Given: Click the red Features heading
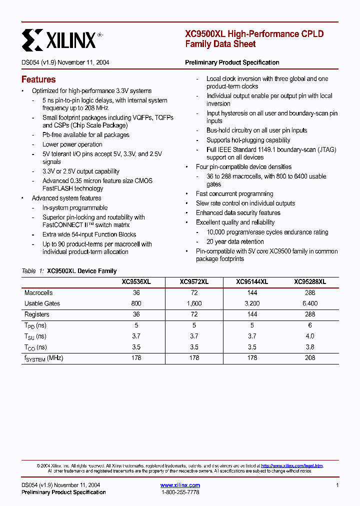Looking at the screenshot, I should (38, 79).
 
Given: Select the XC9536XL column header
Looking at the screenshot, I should (136, 282).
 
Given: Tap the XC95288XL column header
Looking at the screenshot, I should (310, 282).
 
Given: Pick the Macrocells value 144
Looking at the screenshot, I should (252, 293).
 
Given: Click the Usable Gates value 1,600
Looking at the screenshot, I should (194, 303).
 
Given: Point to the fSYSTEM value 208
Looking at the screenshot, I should (310, 358).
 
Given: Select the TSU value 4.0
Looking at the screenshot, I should (310, 336).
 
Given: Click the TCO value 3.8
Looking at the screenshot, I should (310, 347).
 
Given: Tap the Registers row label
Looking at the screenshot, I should (37, 314).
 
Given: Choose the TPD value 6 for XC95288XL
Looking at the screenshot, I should (310, 325).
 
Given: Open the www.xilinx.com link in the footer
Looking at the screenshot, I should (180, 485).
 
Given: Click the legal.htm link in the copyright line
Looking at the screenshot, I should (292, 465).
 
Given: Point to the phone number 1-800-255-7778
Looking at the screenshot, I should (180, 492).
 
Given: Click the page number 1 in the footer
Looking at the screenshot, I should (337, 485).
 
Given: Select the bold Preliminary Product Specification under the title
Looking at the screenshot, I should (232, 62).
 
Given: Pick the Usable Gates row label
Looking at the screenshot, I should (42, 303).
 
